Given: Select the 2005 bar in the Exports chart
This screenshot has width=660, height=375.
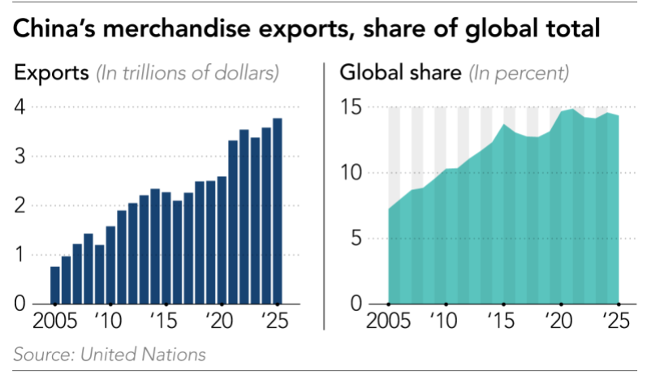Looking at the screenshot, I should pos(55,285).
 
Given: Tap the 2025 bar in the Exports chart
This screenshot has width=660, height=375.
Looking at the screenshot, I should pos(277,212).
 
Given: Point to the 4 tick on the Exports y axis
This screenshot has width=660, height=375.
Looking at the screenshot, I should pos(21,107).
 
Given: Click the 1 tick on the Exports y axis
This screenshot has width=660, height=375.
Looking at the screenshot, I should pos(21,255).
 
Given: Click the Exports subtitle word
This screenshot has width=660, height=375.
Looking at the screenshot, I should pos(51,73).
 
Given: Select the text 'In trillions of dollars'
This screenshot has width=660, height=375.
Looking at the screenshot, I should pos(188,73).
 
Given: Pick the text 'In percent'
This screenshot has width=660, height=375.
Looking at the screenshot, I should pos(520,73).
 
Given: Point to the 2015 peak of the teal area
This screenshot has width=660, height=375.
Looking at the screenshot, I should pos(503,125).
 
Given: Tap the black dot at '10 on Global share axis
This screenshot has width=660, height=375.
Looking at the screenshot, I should pos(446,304).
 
